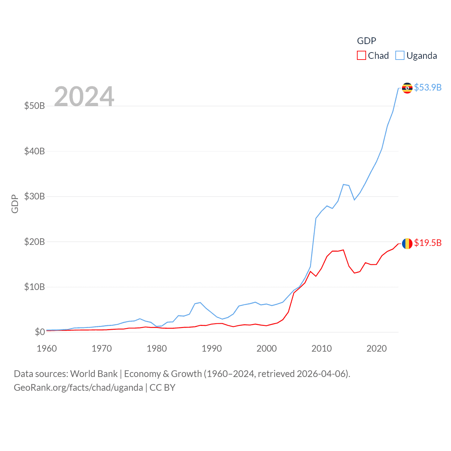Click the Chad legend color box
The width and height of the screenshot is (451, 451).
[x=362, y=56]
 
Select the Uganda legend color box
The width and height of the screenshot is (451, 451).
[x=400, y=56]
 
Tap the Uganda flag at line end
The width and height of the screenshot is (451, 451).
[x=407, y=88]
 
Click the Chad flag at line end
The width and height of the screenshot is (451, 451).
[x=407, y=243]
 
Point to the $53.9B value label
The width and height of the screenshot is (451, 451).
[x=428, y=87]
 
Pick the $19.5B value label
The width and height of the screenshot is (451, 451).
[x=428, y=243]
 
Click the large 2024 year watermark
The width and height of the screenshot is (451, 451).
[x=84, y=96]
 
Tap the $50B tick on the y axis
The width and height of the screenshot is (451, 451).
[x=35, y=106]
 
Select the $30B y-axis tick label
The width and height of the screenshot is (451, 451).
[x=35, y=196]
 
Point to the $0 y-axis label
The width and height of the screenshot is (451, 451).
[x=40, y=332]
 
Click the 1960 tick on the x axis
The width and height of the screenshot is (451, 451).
[x=47, y=348]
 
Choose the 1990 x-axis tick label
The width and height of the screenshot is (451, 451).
[x=212, y=348]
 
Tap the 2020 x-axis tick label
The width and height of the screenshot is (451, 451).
[x=377, y=348]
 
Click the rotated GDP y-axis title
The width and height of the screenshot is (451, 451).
[x=15, y=204]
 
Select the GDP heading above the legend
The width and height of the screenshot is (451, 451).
[x=366, y=41]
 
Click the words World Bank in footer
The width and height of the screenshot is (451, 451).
[x=94, y=374]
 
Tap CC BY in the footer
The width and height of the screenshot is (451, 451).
[x=162, y=388]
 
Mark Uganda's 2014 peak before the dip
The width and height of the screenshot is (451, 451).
[x=343, y=184]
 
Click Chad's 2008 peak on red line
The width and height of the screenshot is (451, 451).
[x=310, y=271]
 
